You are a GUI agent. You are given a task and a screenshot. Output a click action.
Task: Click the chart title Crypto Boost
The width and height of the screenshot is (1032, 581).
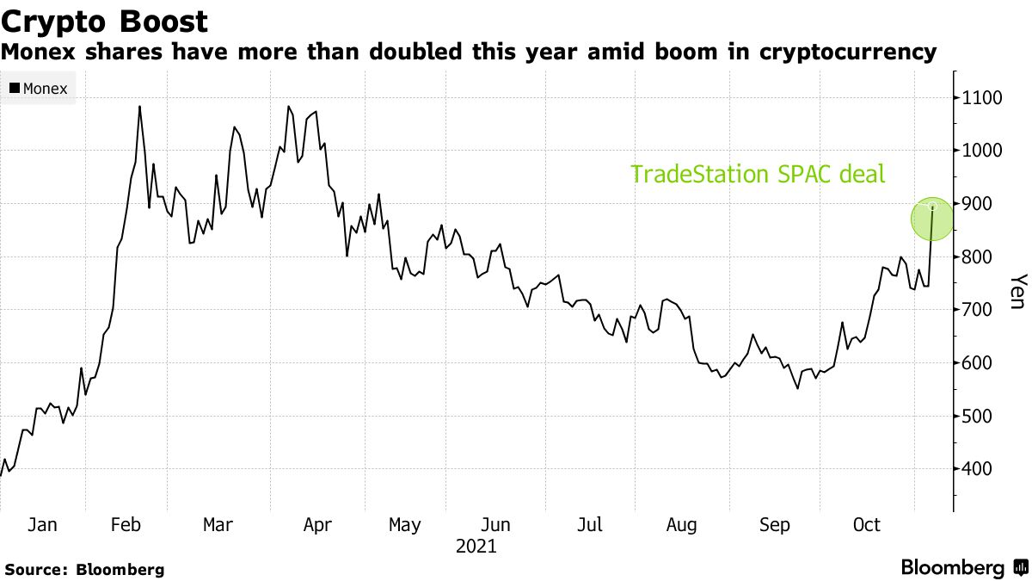[104, 21]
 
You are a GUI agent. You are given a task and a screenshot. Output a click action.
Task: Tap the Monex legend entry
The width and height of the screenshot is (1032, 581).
[39, 88]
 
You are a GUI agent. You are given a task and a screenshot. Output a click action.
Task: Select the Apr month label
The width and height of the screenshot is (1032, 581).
[319, 524]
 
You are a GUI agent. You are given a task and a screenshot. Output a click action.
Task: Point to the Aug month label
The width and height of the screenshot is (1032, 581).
[682, 524]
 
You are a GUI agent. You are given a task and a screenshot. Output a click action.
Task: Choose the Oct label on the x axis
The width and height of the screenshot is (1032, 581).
[866, 524]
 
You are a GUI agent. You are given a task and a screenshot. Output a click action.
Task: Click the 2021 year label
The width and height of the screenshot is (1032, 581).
[476, 546]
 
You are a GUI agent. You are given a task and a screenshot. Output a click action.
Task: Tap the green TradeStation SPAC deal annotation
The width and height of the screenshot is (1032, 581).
[758, 175]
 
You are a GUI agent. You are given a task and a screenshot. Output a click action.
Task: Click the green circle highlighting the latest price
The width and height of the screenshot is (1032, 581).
[932, 219]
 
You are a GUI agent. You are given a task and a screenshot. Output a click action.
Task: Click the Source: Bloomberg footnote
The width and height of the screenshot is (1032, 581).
[84, 569]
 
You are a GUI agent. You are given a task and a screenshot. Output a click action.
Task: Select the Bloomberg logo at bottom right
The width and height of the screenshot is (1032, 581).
[963, 568]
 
